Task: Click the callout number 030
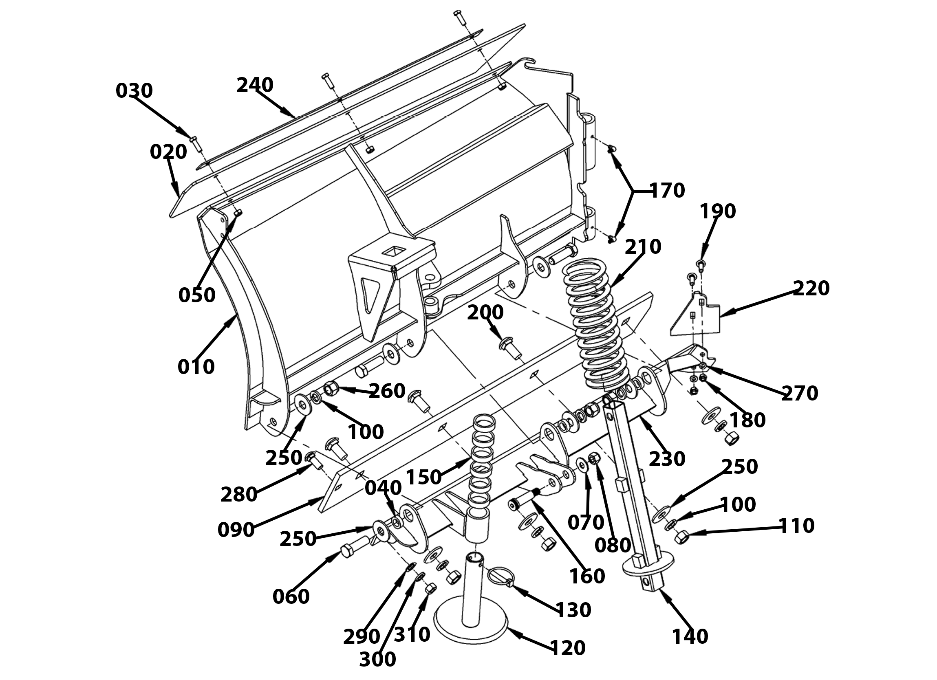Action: [134, 90]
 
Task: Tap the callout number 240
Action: [255, 85]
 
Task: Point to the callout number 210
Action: [643, 246]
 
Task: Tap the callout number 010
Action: [196, 366]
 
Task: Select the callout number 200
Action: [485, 312]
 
